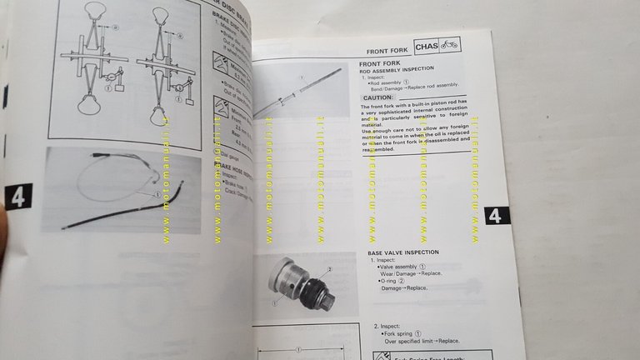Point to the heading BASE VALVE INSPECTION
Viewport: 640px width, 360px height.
click(x=407, y=252)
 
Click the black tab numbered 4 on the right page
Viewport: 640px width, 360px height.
click(x=495, y=215)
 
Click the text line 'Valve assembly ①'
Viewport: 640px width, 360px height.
click(x=407, y=266)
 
